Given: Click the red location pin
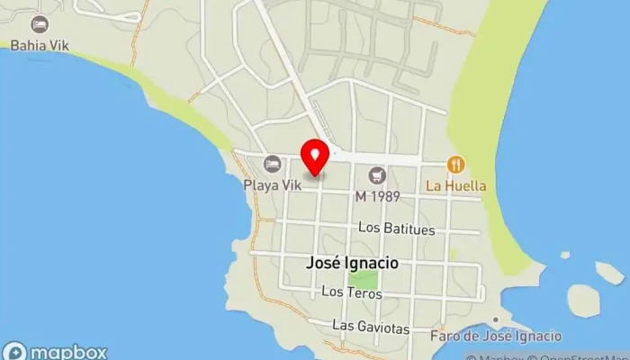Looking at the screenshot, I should click(315, 157).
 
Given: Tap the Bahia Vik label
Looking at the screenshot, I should click(39, 44).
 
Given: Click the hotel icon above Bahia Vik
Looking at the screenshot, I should click(39, 24).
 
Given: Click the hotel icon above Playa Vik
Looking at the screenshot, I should click(272, 164).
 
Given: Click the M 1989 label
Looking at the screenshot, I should click(377, 195).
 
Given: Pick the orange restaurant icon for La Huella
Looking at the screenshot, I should click(456, 165).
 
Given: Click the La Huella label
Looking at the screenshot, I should click(456, 186).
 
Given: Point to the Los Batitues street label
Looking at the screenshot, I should click(396, 229).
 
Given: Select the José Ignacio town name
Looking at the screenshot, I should click(352, 265).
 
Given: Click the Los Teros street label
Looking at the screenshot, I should click(346, 292).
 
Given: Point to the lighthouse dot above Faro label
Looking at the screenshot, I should click(496, 319).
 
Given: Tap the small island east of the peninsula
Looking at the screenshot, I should click(581, 301).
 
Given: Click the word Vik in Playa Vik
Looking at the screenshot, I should click(290, 185).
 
